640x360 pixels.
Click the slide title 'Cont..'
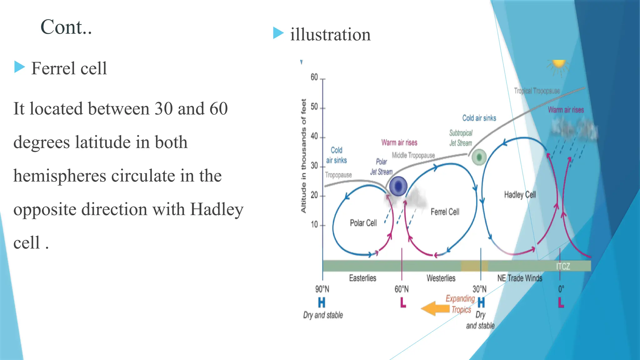tap(66, 27)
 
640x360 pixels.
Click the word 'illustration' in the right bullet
tap(330, 34)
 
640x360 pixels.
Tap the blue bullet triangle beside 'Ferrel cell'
tap(19, 67)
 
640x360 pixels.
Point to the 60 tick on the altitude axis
tap(314, 77)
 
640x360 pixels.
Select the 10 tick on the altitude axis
tap(314, 225)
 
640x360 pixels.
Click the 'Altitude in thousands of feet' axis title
tap(303, 156)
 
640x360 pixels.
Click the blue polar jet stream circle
tap(398, 186)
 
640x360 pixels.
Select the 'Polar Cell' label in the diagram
tap(363, 223)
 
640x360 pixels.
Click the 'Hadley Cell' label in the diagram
tap(520, 195)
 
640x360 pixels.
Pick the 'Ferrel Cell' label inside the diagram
tap(445, 212)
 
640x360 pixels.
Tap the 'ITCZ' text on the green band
tap(563, 267)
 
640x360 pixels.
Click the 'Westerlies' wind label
tap(441, 278)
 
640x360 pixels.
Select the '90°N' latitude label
tap(322, 289)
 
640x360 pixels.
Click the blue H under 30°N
tap(481, 302)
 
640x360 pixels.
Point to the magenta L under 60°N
tap(403, 302)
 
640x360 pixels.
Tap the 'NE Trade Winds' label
tap(520, 278)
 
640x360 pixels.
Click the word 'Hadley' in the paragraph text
tap(217, 209)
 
